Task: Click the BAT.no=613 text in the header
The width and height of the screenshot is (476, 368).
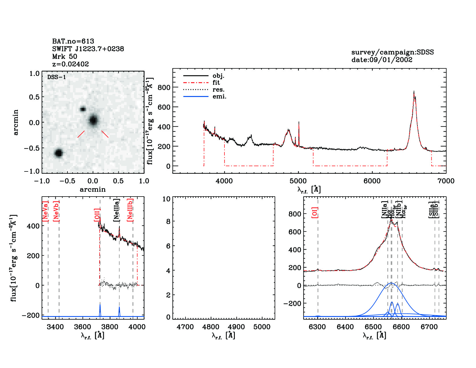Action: [73, 41]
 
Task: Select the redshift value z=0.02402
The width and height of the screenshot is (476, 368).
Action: [70, 64]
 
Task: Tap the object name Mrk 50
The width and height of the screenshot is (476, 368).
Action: [65, 57]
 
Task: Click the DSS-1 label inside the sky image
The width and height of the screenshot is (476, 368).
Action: [57, 77]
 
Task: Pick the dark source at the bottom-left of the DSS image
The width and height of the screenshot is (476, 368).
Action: [59, 153]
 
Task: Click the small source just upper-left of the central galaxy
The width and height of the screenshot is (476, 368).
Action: [83, 109]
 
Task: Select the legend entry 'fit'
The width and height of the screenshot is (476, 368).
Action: [216, 83]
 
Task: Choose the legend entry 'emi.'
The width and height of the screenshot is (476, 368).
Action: [219, 97]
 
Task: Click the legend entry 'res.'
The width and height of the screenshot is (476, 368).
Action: [218, 90]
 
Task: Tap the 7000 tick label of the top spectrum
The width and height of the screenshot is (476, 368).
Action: [446, 181]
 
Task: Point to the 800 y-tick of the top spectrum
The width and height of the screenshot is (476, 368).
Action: [164, 87]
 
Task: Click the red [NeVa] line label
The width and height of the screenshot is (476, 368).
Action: [45, 211]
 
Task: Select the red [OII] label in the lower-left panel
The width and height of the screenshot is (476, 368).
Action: [97, 215]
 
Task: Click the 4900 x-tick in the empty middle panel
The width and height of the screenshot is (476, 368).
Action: [236, 327]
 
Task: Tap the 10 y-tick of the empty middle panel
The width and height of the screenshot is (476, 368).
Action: [166, 199]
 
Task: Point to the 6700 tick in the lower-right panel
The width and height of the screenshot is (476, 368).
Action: [429, 327]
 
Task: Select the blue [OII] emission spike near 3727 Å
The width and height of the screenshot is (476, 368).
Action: [100, 310]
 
